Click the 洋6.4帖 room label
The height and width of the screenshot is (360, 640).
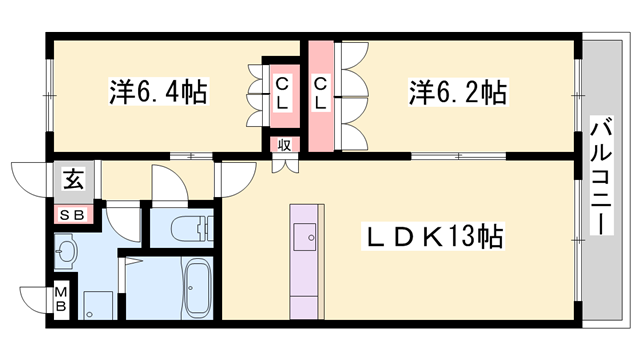(x=157, y=93)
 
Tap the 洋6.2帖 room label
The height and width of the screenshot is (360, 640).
(x=456, y=93)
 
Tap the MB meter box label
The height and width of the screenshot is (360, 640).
(x=61, y=299)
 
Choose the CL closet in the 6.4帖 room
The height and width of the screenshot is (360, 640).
(x=282, y=93)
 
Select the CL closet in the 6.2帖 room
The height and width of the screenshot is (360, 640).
(x=322, y=93)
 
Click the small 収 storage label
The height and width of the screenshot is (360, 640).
(x=284, y=144)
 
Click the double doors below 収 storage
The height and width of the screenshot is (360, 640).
(x=284, y=162)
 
